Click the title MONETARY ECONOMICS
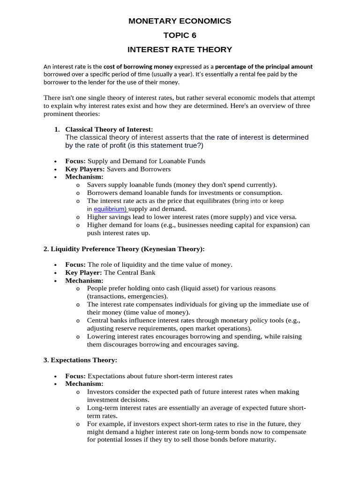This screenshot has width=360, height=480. [180, 21]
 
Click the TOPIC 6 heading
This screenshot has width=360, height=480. [180, 35]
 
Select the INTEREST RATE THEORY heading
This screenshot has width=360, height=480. [180, 49]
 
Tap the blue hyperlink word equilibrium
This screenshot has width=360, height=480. [110, 209]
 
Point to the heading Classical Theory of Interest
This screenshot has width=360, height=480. [109, 129]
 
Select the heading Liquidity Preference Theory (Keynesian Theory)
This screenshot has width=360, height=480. [124, 248]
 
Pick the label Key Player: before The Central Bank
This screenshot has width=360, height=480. [83, 272]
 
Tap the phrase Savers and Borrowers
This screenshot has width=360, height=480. [139, 169]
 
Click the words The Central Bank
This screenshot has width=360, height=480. [129, 272]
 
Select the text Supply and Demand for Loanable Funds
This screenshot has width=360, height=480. [146, 161]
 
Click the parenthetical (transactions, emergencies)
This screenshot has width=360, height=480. [127, 296]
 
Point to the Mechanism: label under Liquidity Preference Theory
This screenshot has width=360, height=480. [84, 280]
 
